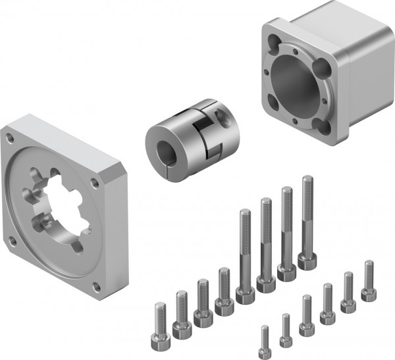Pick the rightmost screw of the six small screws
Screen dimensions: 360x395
(367, 293)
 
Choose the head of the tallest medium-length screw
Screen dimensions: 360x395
(224, 305)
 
